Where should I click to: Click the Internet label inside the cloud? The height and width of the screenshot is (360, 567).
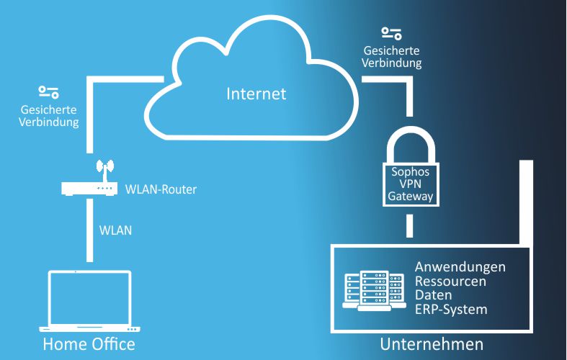point(256,94)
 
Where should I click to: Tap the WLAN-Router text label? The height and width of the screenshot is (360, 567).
point(161,190)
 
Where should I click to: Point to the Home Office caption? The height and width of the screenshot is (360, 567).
point(89,343)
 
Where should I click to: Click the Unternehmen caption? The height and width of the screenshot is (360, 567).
point(431,343)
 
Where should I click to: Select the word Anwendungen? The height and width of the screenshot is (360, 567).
point(460,266)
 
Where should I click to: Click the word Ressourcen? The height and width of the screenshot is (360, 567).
point(450,281)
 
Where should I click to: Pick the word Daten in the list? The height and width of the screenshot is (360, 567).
point(433,295)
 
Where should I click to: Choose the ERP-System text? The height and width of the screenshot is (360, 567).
point(451,310)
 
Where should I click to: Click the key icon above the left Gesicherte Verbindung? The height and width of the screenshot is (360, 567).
point(49,92)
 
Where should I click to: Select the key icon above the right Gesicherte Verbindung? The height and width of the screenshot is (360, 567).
point(392,33)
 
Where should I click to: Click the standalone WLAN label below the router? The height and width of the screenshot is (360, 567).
point(116,231)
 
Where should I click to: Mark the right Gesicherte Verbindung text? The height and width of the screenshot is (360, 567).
point(393,57)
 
